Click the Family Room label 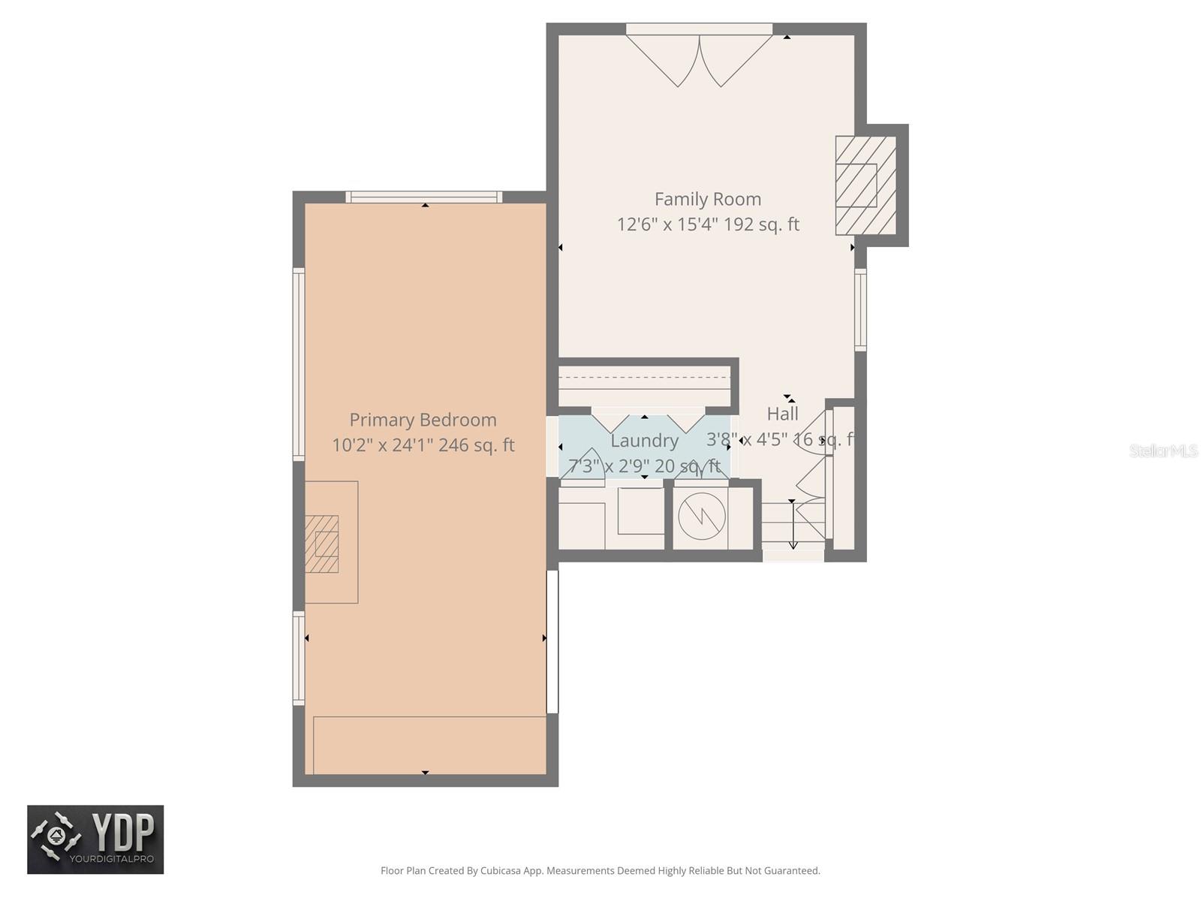707,199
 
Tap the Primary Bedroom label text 423,420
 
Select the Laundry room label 644,441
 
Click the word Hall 782,414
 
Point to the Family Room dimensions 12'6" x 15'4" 667,224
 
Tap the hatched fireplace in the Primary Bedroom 322,544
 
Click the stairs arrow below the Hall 793,526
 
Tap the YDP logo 95,839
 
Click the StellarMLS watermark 1163,450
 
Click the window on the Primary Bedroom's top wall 424,197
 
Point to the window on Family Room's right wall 860,309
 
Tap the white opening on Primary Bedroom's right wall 552,641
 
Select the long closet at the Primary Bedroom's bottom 429,745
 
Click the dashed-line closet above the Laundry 644,384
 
